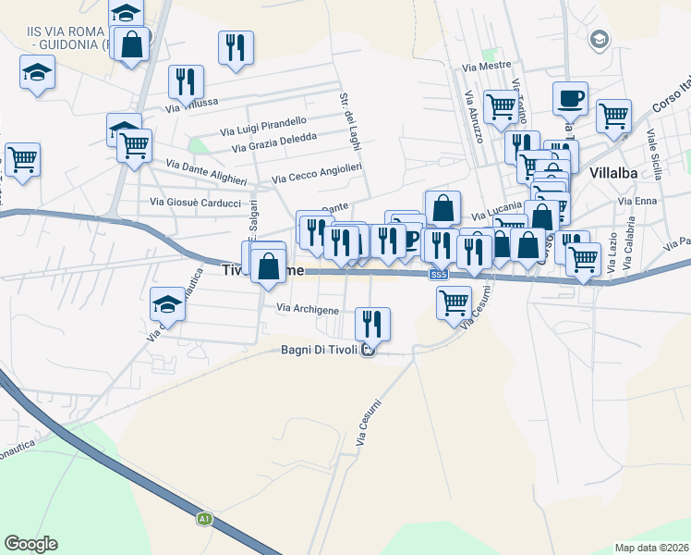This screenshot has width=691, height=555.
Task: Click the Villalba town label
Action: (614, 172)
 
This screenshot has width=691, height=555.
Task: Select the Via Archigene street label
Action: (308, 309)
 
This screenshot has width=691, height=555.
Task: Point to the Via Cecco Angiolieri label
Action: (316, 173)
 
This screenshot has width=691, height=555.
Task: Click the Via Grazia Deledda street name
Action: (274, 142)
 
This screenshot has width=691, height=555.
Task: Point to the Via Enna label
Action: (638, 201)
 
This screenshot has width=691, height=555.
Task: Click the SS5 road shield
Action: (438, 275)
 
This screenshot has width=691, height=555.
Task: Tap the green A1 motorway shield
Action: (205, 520)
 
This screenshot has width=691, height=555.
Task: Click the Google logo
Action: (30, 544)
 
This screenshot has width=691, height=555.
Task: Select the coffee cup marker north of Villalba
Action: (570, 97)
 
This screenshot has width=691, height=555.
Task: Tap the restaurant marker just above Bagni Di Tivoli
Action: (373, 323)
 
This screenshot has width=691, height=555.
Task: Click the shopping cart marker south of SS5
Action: (454, 302)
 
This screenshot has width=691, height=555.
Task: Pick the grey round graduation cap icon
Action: (600, 39)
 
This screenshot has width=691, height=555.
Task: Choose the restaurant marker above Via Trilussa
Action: (186, 81)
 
